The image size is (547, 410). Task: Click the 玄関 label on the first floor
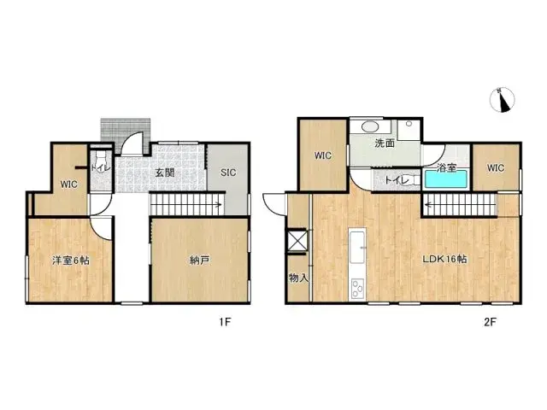coord(165,172)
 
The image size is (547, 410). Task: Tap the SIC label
coord(228,172)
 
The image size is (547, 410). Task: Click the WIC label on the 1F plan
coord(69,184)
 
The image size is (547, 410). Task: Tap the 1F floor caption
coord(226,322)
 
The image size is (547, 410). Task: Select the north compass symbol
coord(502,101)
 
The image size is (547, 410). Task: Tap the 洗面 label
coord(385,143)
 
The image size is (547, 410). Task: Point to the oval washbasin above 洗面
coord(374,126)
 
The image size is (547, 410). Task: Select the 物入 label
coord(297,278)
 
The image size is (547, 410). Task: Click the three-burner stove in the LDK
coord(357,289)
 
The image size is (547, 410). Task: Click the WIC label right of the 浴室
coord(497,168)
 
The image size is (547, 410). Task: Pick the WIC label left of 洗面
coord(323,155)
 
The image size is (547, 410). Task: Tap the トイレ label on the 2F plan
coord(396,180)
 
